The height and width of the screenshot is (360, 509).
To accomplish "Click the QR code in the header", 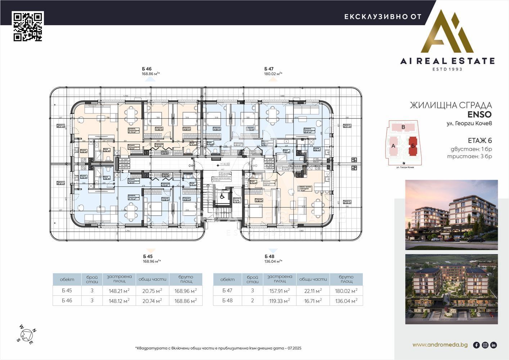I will click(28, 26).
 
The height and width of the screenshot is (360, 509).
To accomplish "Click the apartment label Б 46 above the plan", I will click(147, 68).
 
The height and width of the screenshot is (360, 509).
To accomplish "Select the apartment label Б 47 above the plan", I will click(269, 68).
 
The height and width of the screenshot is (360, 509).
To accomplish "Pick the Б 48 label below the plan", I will click(269, 256).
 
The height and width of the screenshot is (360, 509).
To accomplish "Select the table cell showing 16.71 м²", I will click(313, 301).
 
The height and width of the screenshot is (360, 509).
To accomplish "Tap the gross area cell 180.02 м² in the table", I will click(346, 291).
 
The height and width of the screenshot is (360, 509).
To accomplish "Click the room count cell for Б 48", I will click(252, 301).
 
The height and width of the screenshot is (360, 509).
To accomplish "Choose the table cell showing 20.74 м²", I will click(152, 301).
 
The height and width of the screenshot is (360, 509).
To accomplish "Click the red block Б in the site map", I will click(413, 146).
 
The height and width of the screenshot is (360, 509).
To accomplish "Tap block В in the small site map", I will click(403, 127).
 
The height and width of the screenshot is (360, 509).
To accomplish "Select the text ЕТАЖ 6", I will click(479, 141).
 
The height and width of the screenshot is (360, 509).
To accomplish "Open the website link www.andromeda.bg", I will click(440, 345).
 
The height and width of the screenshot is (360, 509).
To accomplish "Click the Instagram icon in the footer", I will click(485, 345).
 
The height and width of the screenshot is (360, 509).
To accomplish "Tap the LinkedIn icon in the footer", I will click(494, 345).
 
